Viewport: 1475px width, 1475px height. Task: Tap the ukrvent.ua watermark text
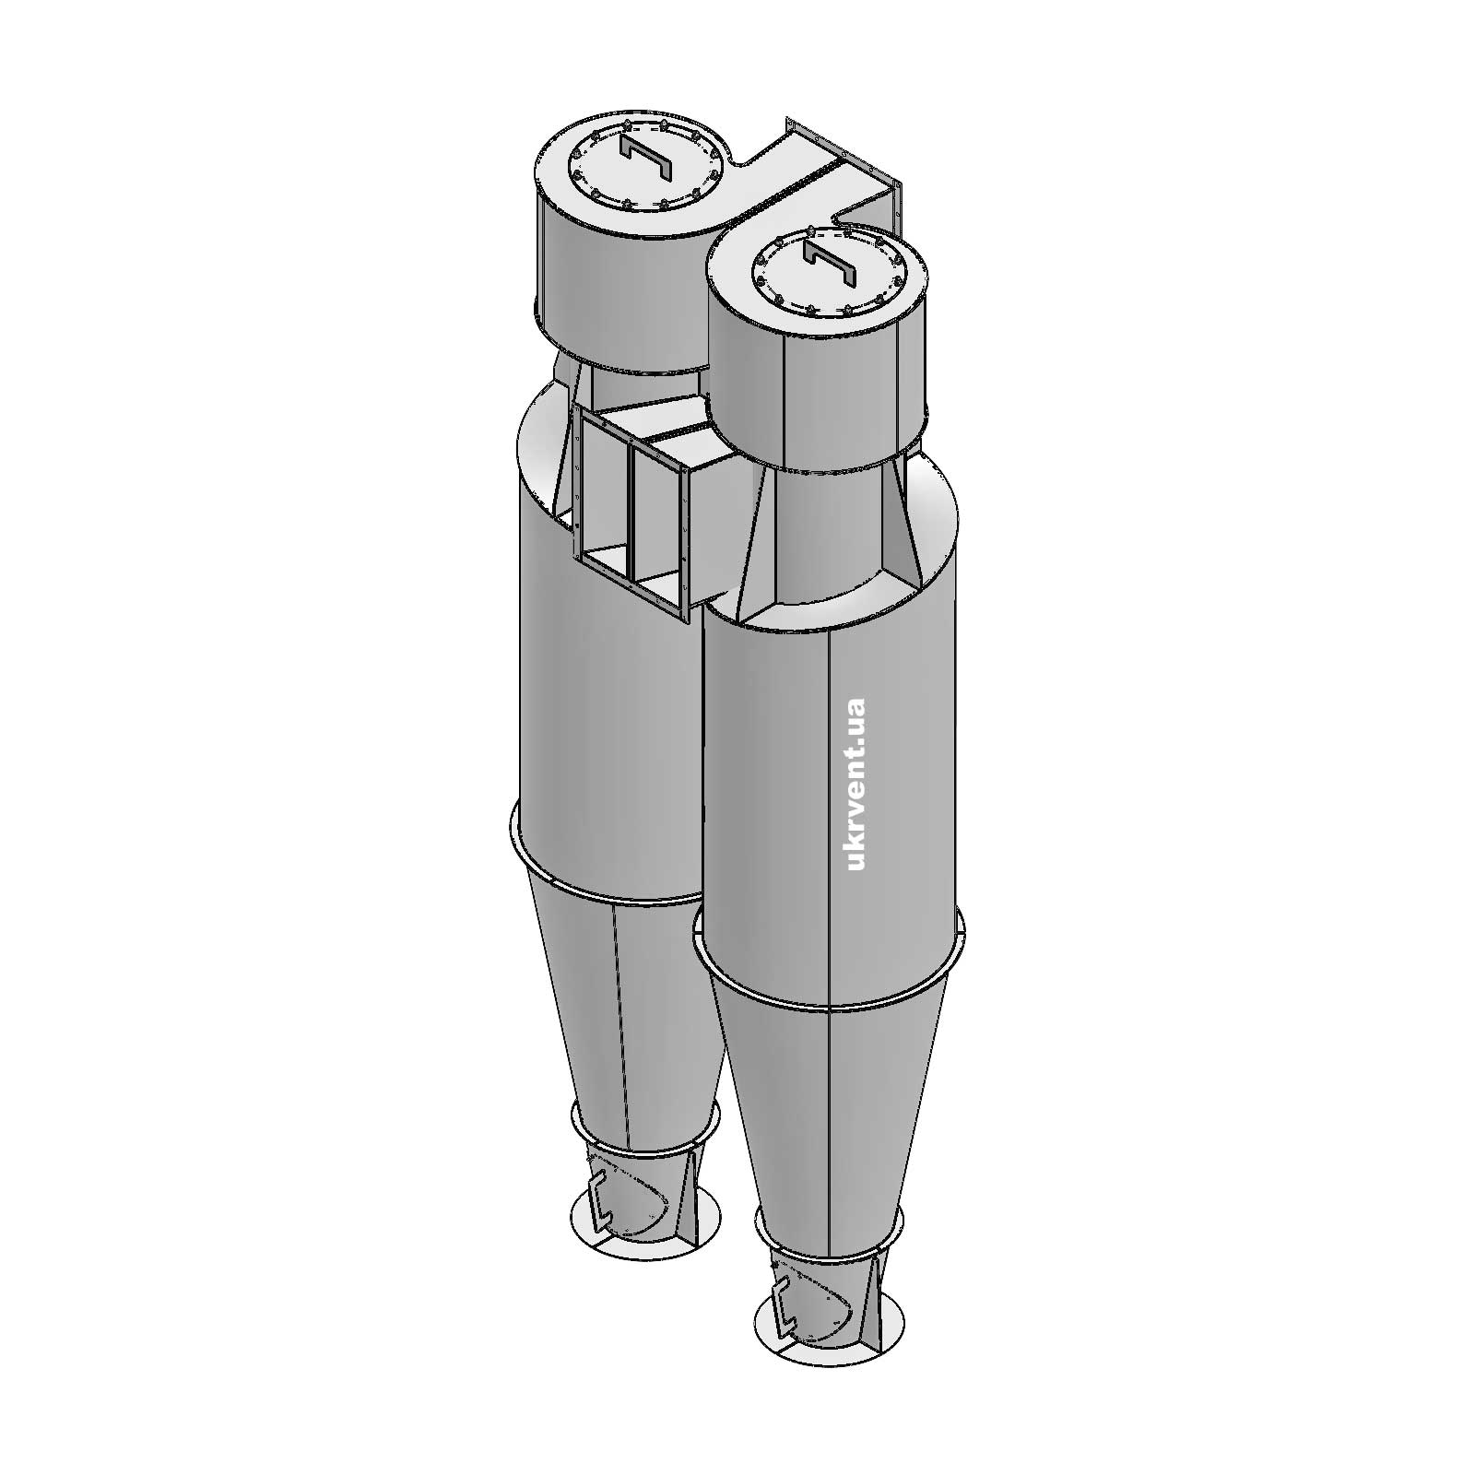click(855, 785)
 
